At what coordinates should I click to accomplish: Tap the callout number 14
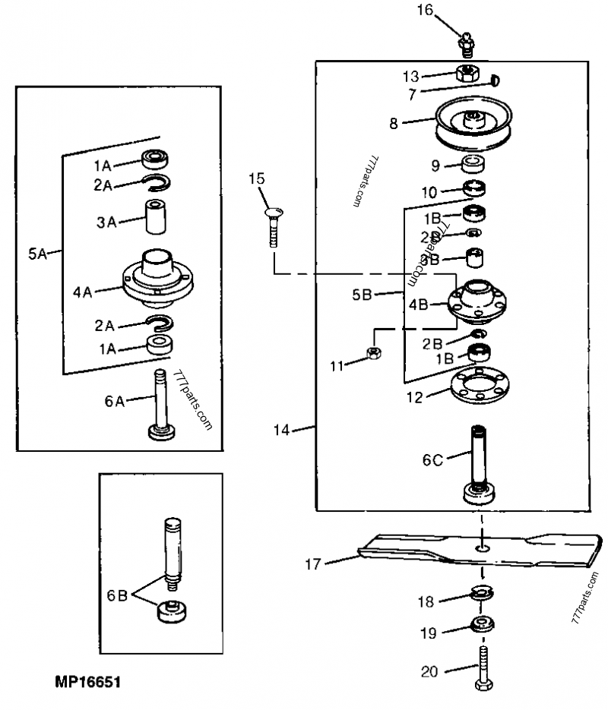click(x=283, y=431)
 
